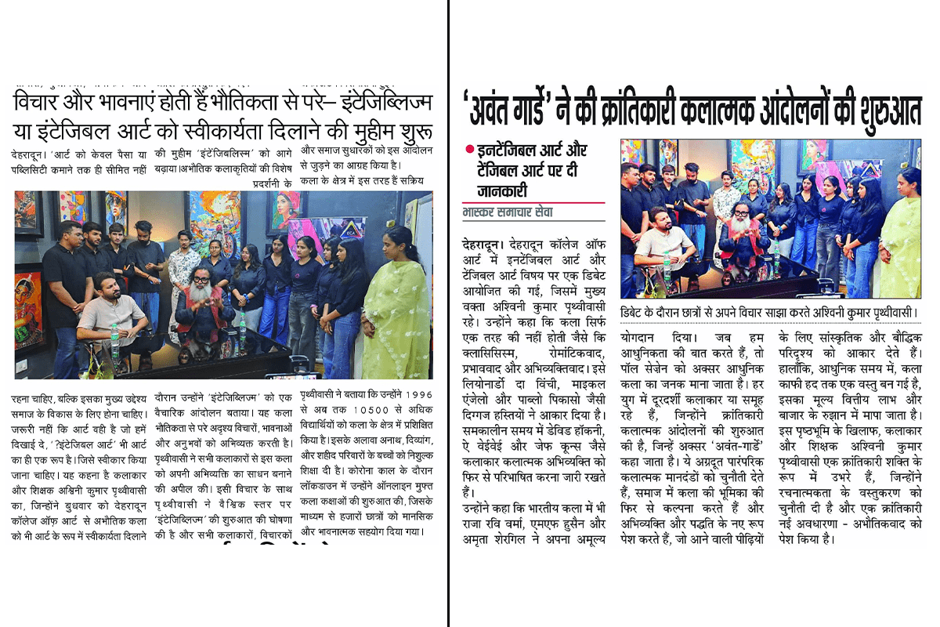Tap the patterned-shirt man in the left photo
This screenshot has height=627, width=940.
pos(184,266)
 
